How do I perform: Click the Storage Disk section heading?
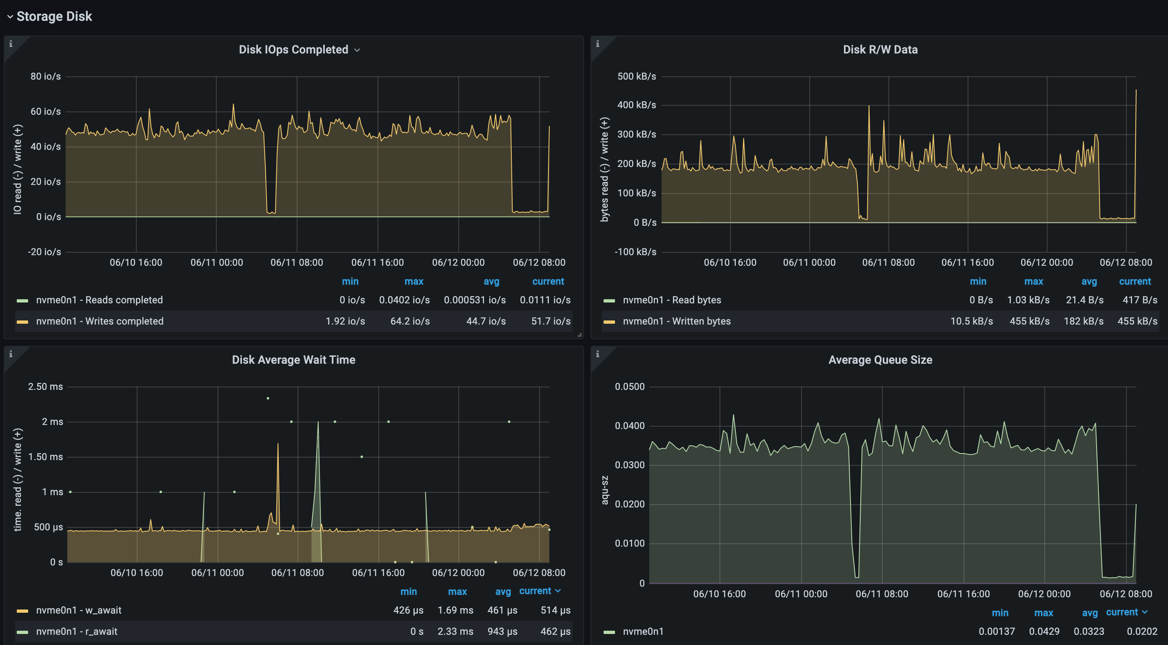[x=54, y=16]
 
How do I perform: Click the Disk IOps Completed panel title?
[x=293, y=49]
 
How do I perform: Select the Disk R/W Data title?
[x=879, y=49]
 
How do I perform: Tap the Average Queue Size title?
[x=879, y=360]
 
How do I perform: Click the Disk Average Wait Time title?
[x=293, y=360]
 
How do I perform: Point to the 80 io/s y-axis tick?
[x=45, y=76]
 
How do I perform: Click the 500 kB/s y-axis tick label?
[x=636, y=76]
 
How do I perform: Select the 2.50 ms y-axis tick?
[x=45, y=387]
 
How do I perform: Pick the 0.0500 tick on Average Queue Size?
[x=629, y=387]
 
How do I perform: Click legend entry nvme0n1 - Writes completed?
[x=100, y=321]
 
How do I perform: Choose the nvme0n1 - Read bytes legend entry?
[x=671, y=300]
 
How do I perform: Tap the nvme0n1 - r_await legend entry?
[x=77, y=632]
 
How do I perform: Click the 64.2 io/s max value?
[x=410, y=321]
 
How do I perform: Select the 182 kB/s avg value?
[x=1083, y=321]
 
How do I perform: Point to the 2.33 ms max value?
[x=455, y=632]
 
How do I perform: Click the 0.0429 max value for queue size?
[x=1044, y=632]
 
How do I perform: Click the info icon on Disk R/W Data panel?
[x=597, y=44]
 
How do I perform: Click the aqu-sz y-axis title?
[x=604, y=490]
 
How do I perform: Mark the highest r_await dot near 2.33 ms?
[x=268, y=398]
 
